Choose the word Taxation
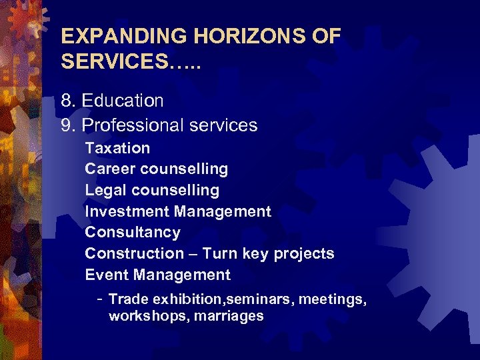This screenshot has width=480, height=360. [x=117, y=148]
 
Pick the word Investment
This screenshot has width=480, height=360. [x=127, y=212]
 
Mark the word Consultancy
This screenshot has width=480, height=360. [x=133, y=233]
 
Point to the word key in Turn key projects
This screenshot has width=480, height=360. [x=254, y=254]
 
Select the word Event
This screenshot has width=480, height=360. [x=106, y=275]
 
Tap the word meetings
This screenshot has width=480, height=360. [x=332, y=300]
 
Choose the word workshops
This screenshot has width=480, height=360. [x=148, y=316]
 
